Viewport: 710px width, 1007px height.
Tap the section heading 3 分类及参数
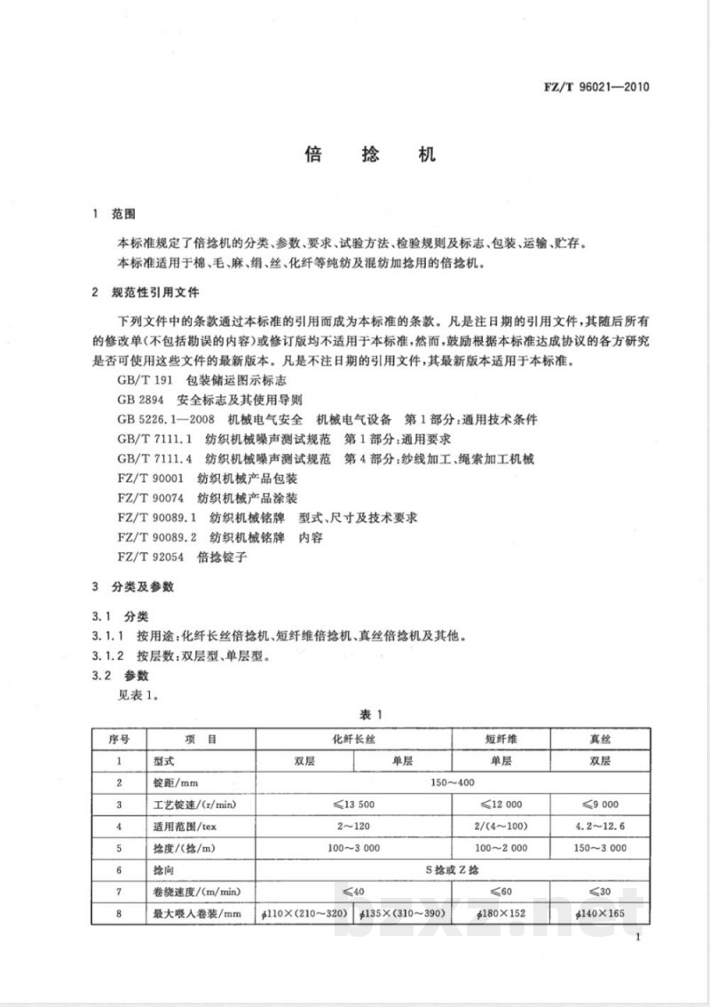[133, 588]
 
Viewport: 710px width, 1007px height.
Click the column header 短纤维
[501, 737]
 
